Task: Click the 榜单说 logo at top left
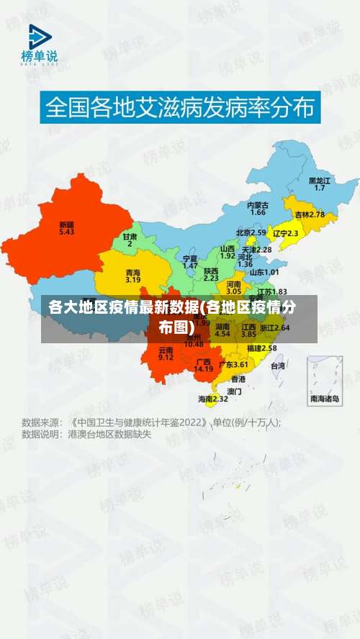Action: coord(40,45)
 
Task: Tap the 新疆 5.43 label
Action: coord(66,228)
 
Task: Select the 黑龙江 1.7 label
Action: coord(319,183)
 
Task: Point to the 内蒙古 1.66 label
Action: coord(257,208)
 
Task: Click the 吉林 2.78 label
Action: coord(310,214)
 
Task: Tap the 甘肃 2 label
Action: coord(130,240)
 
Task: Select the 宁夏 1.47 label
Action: coord(190,261)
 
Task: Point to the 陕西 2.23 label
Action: coord(211,273)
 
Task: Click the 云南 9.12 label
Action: coord(166,353)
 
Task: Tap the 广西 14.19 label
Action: coord(203,365)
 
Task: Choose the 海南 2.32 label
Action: coord(213,398)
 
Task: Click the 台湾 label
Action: coord(277,365)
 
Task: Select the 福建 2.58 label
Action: coord(261,348)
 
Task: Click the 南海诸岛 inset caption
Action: coord(324,398)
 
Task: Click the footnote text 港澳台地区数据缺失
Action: coord(109,435)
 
